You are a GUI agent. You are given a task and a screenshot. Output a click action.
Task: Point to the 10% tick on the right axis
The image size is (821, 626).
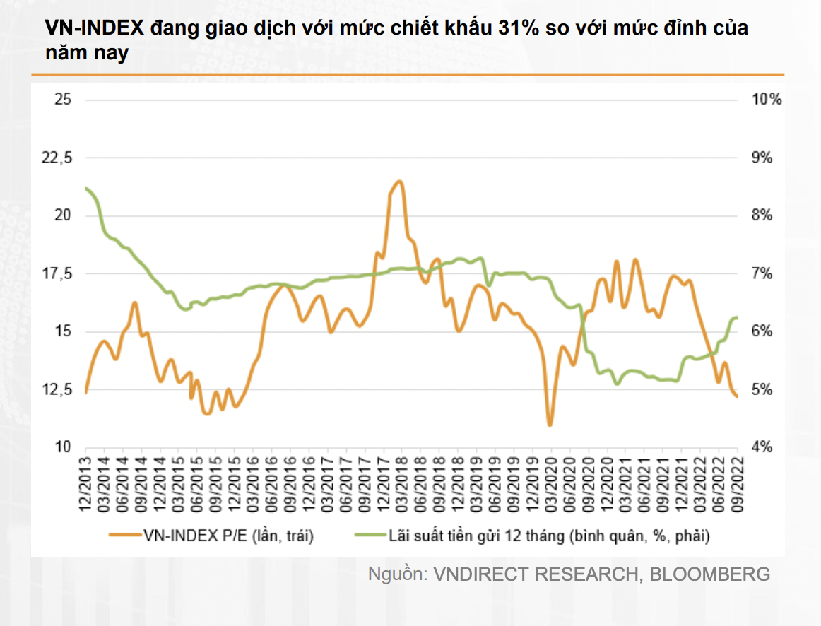click(767, 99)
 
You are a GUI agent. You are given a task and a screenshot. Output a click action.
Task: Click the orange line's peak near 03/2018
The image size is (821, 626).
click(399, 182)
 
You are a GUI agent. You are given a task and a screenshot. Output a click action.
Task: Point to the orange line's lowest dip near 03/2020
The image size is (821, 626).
click(550, 425)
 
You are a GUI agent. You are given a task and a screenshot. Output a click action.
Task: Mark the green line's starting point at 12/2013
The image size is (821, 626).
click(86, 188)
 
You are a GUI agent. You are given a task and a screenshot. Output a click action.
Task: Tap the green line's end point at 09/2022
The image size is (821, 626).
click(737, 317)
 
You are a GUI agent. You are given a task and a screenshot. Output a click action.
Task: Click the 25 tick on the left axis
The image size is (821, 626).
click(63, 99)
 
